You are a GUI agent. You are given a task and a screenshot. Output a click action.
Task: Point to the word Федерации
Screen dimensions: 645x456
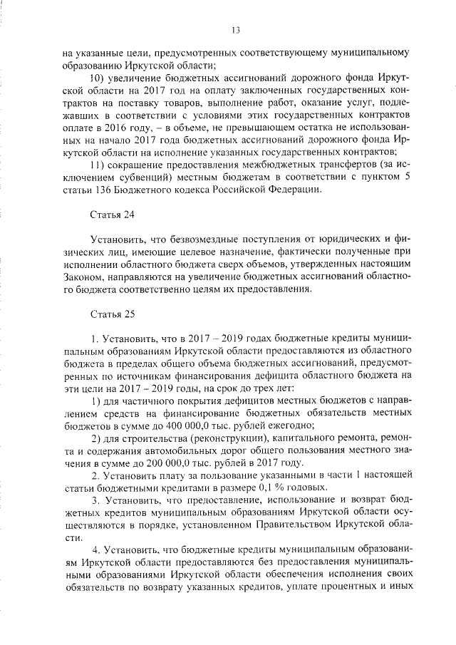click(x=298, y=190)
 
